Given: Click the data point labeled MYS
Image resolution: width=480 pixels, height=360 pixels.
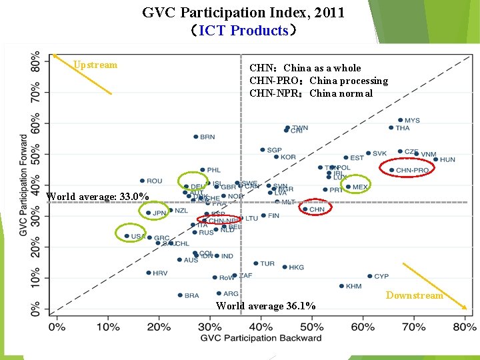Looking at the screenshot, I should tap(400, 121).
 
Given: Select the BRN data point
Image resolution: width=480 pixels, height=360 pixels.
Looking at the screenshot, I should tap(196, 137).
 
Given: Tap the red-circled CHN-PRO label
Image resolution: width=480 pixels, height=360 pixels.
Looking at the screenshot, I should tap(412, 171).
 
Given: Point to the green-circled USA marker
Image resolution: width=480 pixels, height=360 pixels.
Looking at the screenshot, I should tap(127, 236).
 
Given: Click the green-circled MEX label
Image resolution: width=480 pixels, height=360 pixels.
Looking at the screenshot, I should tap(360, 187).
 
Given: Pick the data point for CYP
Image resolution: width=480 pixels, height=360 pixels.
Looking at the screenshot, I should tap(370, 276).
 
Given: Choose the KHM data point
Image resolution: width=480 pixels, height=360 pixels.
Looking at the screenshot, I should tap(341, 286).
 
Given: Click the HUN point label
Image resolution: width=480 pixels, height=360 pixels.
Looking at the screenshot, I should tap(447, 160).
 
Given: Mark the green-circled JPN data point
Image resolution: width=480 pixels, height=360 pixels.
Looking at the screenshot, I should tap(148, 213).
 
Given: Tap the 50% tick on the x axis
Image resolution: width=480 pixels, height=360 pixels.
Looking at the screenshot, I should tap(312, 327).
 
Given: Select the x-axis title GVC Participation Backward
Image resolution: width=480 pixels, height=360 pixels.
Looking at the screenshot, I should tap(259, 338).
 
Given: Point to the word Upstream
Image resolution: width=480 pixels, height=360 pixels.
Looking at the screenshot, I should tap(95, 65).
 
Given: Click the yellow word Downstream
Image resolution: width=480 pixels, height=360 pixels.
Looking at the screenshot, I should tap(414, 295).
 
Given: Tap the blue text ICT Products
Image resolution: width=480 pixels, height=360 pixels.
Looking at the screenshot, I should tap(243, 31).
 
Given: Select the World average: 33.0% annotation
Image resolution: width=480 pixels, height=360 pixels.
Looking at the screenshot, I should tap(97, 197).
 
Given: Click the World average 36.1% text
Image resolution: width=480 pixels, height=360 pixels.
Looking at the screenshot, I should tap(266, 306).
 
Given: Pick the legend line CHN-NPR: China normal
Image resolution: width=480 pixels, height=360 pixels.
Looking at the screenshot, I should tap(311, 93).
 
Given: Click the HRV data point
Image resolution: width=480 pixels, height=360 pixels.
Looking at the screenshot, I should tap(148, 273).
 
